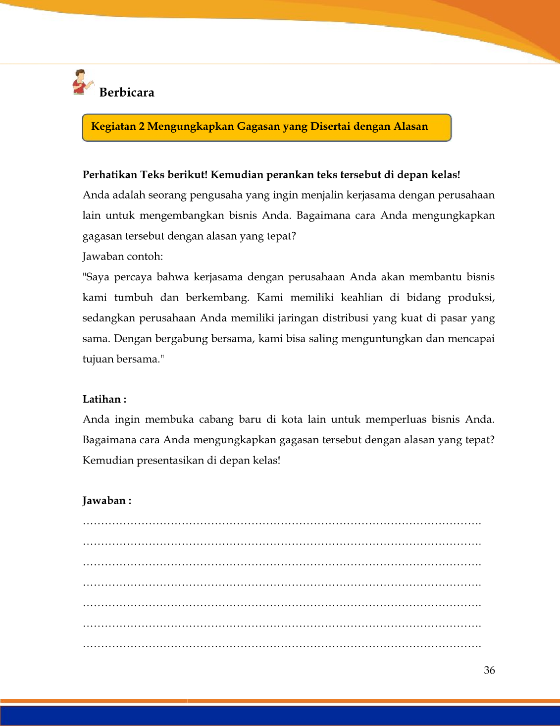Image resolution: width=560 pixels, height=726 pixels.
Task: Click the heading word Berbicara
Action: click(x=127, y=93)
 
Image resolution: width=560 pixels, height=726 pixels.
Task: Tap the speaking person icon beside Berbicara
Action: click(x=82, y=82)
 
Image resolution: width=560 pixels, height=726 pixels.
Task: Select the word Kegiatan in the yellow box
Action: click(x=113, y=126)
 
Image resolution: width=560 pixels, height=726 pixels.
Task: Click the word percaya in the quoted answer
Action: click(x=132, y=277)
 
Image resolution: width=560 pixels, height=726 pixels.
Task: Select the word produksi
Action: click(x=471, y=298)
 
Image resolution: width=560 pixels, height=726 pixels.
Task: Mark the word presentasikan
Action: click(x=170, y=461)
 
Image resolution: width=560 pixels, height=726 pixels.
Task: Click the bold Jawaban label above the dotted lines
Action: click(x=104, y=501)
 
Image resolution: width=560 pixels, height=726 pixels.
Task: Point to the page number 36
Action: click(x=489, y=671)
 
